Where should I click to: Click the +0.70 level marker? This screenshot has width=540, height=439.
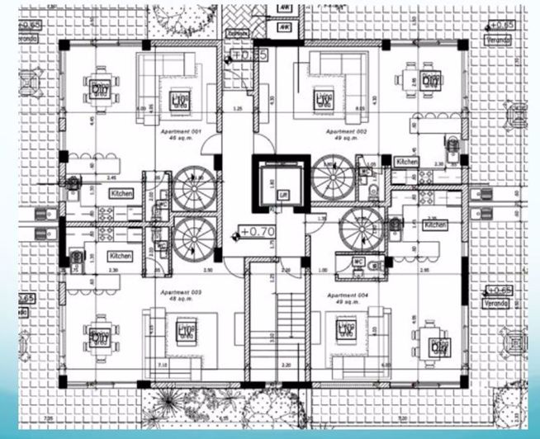tap(258, 231)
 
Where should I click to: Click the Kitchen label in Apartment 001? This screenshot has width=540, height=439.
tap(121, 193)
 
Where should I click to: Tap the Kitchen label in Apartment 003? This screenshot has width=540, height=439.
tap(121, 257)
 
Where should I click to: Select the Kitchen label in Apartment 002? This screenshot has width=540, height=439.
tap(406, 162)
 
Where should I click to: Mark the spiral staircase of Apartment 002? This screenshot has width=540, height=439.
tap(334, 177)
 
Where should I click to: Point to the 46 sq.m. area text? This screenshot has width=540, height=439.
tap(175, 138)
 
